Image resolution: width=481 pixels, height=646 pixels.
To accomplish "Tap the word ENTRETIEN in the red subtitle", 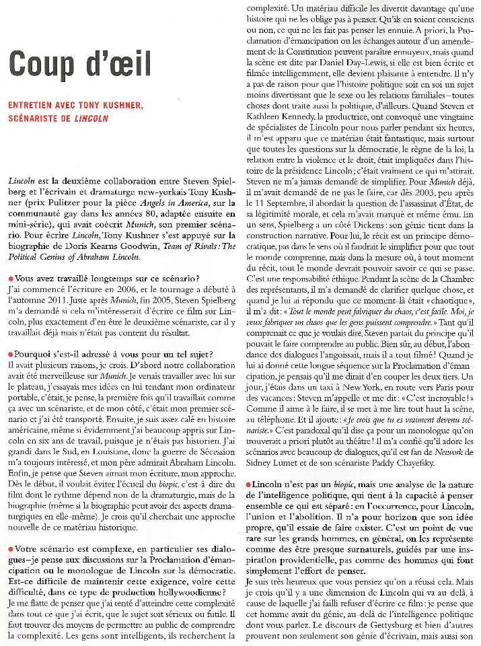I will [x=35, y=106].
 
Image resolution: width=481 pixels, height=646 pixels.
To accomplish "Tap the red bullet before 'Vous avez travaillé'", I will [x=11, y=279].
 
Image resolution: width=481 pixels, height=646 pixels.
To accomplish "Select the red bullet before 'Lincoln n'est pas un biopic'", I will [x=250, y=485].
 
